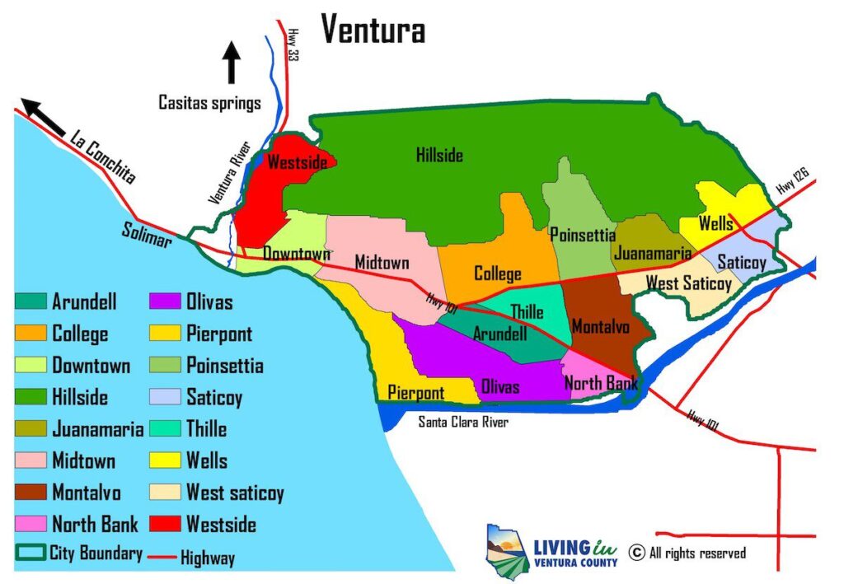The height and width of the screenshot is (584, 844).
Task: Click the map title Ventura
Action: click(x=373, y=30)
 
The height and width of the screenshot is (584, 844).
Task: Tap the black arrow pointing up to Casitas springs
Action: click(x=231, y=63)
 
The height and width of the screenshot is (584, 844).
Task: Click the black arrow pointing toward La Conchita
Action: click(x=43, y=116)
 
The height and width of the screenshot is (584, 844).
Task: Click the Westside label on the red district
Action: click(x=297, y=163)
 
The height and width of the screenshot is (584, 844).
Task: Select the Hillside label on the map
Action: click(x=438, y=155)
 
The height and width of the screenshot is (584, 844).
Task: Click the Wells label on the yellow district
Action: click(x=715, y=223)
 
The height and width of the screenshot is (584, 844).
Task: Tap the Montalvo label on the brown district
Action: click(x=600, y=326)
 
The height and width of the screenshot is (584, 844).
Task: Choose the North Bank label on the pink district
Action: click(x=600, y=383)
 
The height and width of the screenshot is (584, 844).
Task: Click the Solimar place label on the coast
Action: click(x=148, y=236)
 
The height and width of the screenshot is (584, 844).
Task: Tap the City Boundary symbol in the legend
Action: click(x=30, y=553)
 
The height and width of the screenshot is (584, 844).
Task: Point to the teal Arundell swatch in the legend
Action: click(x=30, y=302)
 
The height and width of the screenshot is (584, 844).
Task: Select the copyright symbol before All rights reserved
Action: click(x=636, y=552)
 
